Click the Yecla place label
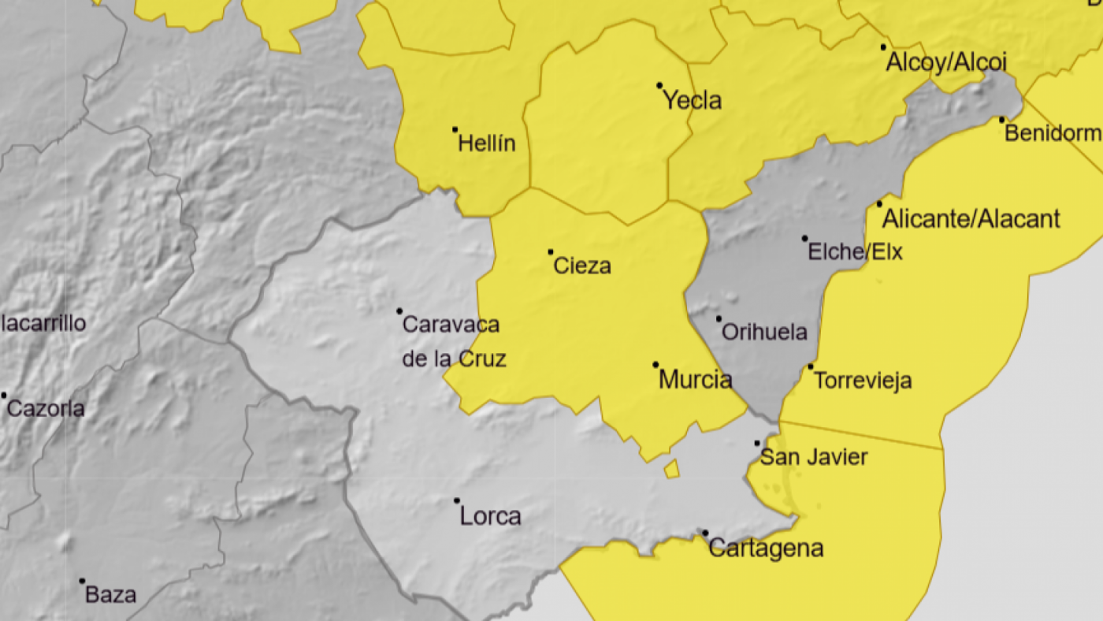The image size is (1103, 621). [x=692, y=101]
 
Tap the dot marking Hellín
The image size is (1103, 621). [x=455, y=129]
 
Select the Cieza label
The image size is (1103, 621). [x=582, y=266]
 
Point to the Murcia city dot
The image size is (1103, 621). [x=655, y=365]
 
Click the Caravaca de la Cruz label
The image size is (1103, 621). [x=452, y=341]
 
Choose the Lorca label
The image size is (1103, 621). [x=490, y=516]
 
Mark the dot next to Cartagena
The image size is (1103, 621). [x=705, y=533]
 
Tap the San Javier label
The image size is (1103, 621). [x=814, y=457]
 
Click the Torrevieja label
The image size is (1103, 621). [x=863, y=381]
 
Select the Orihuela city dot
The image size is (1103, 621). [x=719, y=319]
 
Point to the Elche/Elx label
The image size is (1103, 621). [x=856, y=251]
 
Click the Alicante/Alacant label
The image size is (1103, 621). [x=971, y=218]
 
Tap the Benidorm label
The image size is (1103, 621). [x=1053, y=132]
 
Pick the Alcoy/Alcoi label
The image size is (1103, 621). [x=947, y=61]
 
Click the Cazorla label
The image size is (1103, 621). [x=46, y=408]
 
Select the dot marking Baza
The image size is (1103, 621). [x=82, y=581]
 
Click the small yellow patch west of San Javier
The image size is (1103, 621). [x=672, y=469]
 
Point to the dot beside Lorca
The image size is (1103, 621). [x=457, y=500]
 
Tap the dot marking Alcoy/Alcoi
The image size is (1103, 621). [x=883, y=47]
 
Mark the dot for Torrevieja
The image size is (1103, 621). [x=811, y=366]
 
